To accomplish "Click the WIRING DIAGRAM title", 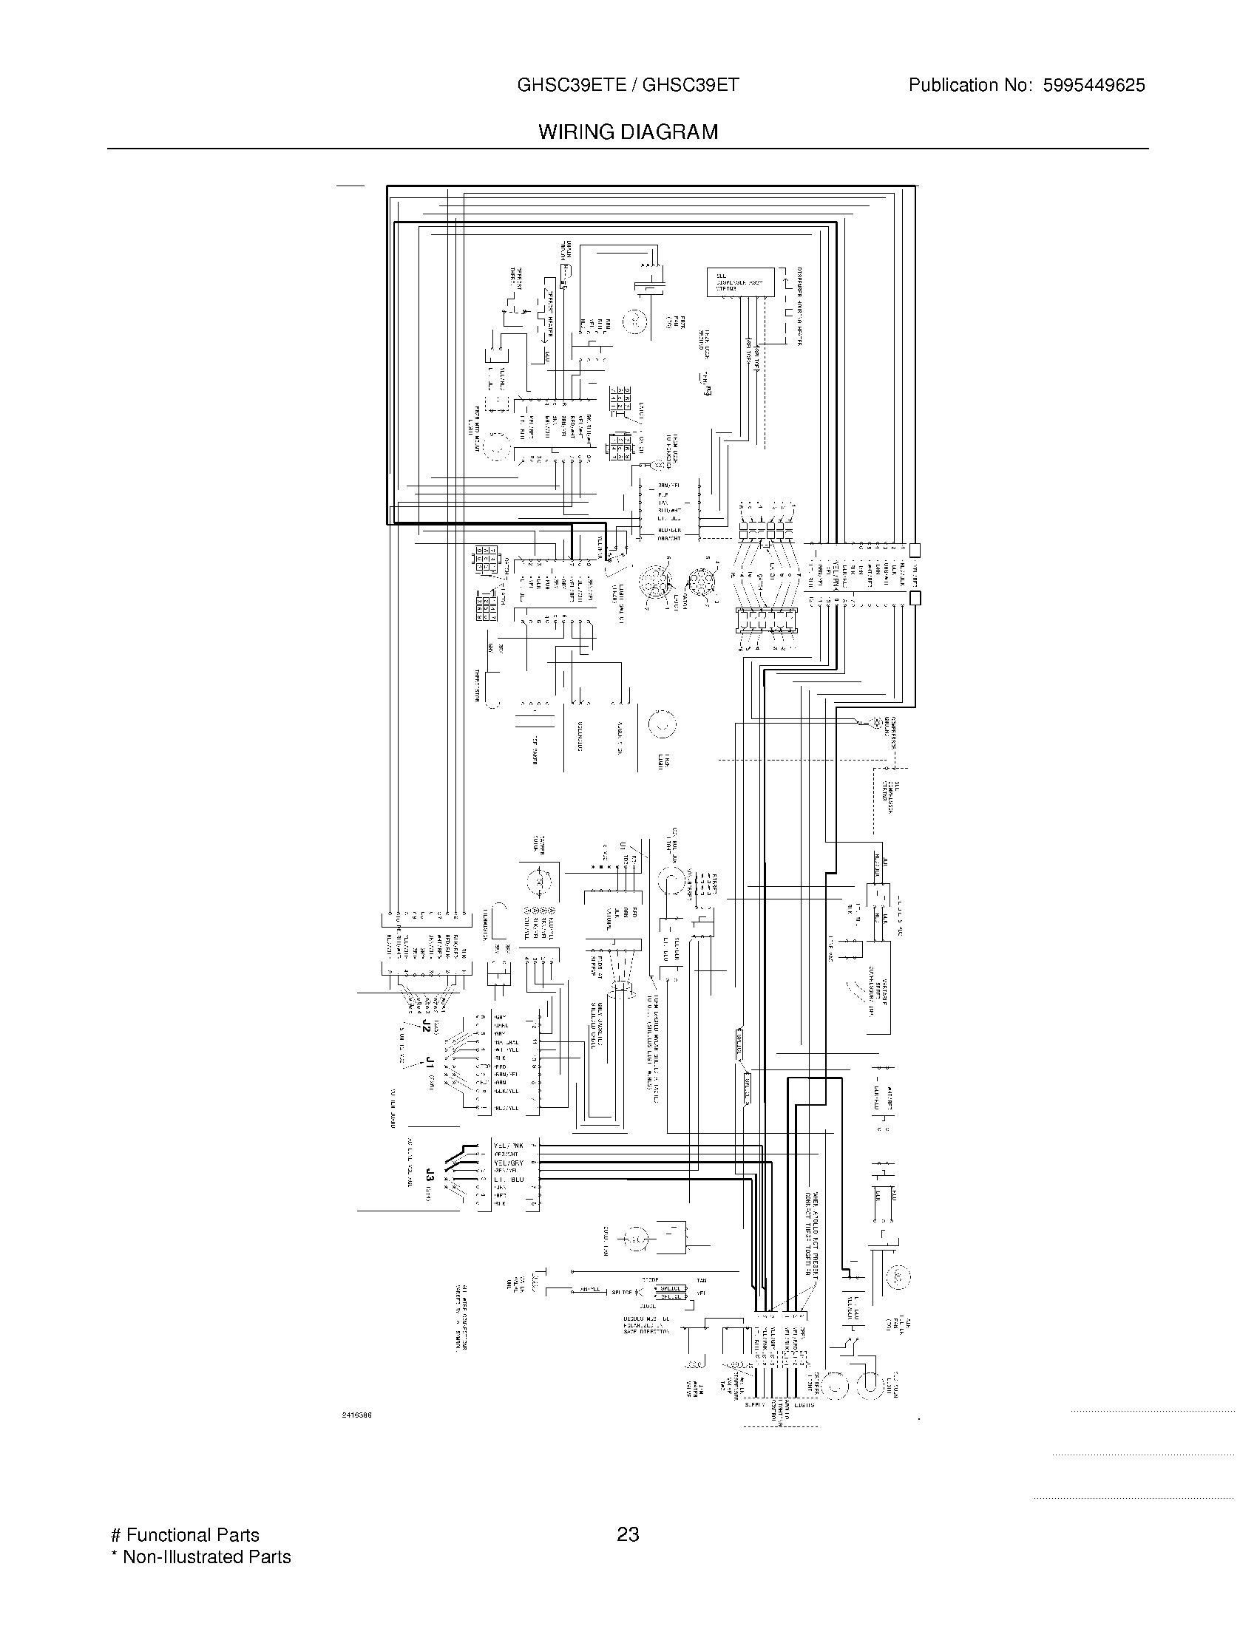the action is (628, 132).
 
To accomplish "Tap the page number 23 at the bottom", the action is (628, 1534).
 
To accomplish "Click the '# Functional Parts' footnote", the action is (185, 1535).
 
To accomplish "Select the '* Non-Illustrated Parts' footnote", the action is (201, 1557).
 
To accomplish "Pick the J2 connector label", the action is (426, 1025).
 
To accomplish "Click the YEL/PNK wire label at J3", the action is (509, 1146).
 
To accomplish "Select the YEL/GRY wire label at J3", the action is (509, 1163).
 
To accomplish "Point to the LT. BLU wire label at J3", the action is (509, 1180).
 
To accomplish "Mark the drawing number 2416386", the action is (356, 1415).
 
